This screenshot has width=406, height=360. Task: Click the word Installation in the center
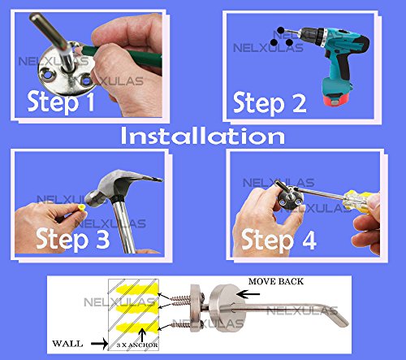point(202,137)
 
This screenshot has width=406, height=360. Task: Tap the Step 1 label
point(61,102)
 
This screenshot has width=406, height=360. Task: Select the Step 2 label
point(270,103)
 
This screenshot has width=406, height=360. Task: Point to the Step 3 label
point(73,239)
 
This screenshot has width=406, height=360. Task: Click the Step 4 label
point(279,240)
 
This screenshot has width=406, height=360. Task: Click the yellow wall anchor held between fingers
point(81,208)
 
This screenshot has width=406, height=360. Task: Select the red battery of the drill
point(336,100)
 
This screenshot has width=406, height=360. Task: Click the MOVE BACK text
point(276,282)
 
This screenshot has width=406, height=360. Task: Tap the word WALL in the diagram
point(67,344)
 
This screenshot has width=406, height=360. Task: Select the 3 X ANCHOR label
point(137,345)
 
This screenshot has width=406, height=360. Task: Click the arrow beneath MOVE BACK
point(248,293)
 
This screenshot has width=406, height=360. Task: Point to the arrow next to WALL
point(99,344)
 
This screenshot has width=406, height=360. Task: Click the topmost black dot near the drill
point(281,30)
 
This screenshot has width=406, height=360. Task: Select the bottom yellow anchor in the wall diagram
point(136,327)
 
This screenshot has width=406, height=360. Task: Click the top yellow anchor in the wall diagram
point(136,289)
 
